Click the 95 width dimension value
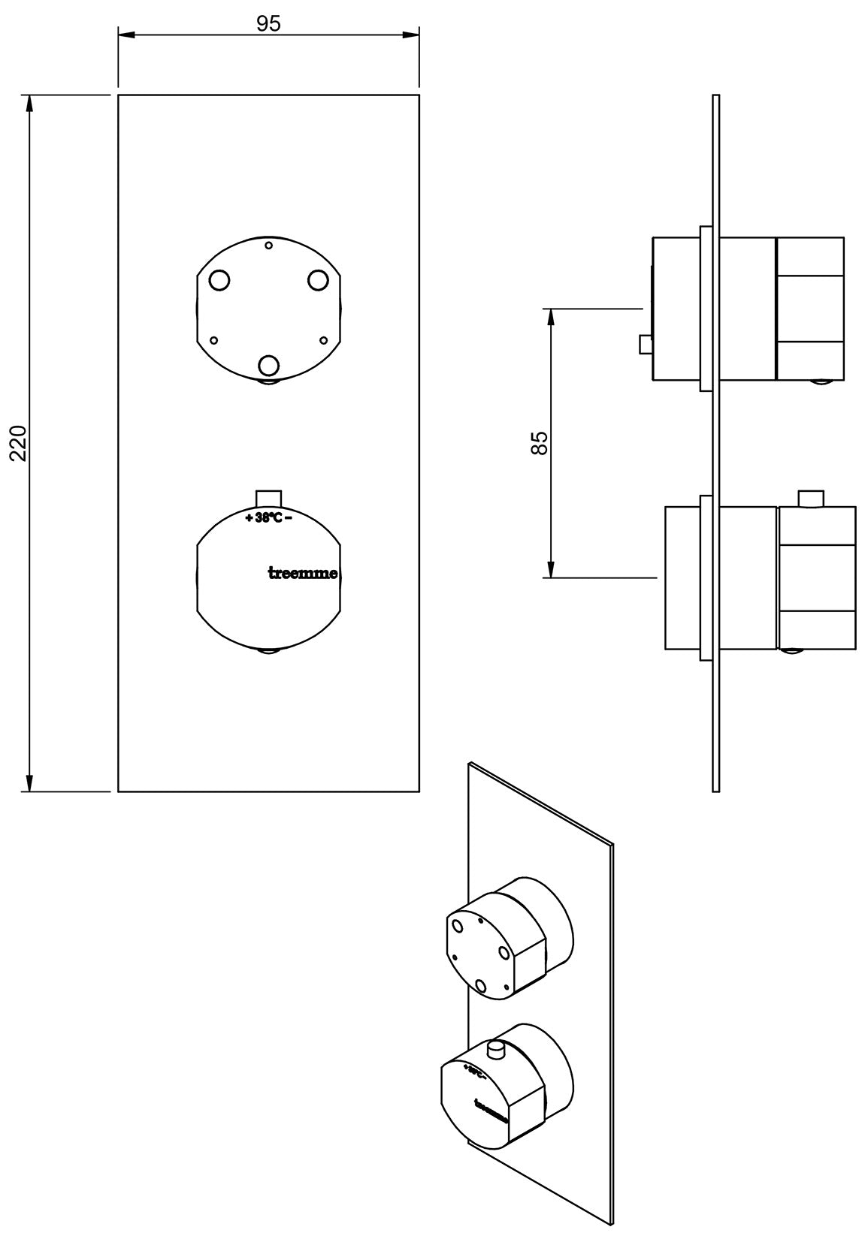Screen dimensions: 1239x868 268,24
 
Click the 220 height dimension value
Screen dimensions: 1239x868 20,443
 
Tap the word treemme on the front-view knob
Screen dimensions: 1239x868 303,574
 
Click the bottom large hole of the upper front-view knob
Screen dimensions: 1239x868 268,366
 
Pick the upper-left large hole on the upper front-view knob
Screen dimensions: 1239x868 219,281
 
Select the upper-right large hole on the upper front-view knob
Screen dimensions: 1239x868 318,280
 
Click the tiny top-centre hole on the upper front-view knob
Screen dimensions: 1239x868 268,245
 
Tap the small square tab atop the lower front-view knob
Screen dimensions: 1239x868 268,499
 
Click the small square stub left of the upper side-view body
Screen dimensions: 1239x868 645,345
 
